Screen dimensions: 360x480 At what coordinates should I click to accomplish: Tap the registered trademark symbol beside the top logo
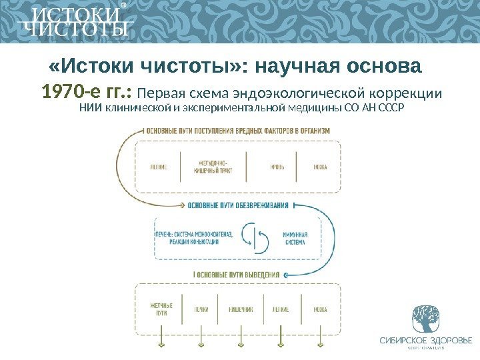click(123, 9)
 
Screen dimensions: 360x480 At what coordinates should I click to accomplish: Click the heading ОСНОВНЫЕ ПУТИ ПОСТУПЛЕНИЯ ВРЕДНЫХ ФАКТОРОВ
click(237, 131)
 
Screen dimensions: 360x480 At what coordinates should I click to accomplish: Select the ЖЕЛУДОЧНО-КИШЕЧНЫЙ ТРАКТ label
click(213, 167)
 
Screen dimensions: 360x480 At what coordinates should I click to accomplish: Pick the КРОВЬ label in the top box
click(277, 167)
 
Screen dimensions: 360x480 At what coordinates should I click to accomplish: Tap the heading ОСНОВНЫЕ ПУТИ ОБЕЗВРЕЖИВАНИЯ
click(238, 205)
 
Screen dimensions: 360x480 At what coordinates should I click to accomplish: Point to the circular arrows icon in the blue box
click(255, 237)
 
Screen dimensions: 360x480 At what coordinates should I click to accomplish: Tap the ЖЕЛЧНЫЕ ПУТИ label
click(161, 309)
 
